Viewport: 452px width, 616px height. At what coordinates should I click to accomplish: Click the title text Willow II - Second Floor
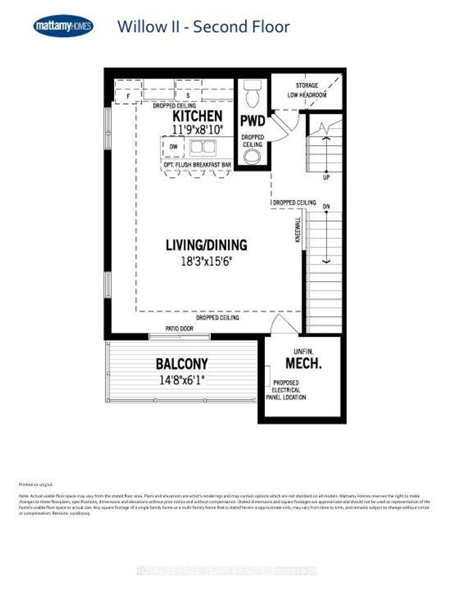[x=203, y=26]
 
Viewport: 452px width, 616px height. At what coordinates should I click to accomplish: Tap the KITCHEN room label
[x=197, y=116]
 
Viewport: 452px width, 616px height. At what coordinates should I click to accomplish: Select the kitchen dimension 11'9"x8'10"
[x=197, y=129]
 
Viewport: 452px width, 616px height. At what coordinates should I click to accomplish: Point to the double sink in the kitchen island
[x=202, y=148]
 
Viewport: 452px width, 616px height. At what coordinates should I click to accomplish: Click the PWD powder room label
[x=253, y=121]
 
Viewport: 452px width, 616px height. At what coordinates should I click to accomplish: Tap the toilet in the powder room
[x=253, y=95]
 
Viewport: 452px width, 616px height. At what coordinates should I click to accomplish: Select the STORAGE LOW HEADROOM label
[x=306, y=90]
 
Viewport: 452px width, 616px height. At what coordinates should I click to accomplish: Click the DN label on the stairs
[x=326, y=206]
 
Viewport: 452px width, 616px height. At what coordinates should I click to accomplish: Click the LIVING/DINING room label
[x=206, y=245]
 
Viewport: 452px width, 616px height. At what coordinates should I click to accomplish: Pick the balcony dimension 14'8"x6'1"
[x=182, y=379]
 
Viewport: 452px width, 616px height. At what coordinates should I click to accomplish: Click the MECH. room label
[x=304, y=363]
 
